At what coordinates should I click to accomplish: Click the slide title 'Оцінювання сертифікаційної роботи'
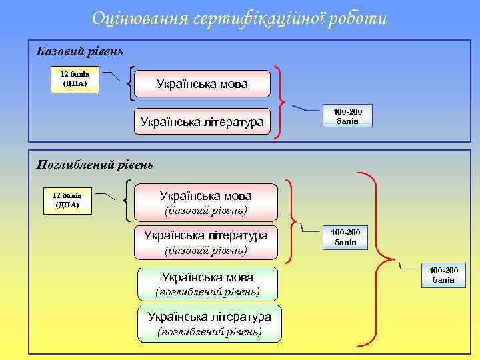[x=239, y=19]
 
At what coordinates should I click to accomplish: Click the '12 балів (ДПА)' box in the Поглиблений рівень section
[x=67, y=199]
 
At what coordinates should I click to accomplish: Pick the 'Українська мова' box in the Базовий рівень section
[x=202, y=84]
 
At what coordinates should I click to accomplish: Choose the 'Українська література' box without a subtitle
[x=202, y=122]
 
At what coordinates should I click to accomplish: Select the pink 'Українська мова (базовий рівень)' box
[x=205, y=203]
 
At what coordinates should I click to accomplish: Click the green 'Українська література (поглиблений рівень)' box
[x=209, y=323]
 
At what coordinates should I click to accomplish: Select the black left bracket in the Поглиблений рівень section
[x=127, y=201]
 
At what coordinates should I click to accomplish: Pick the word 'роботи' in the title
[x=360, y=19]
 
